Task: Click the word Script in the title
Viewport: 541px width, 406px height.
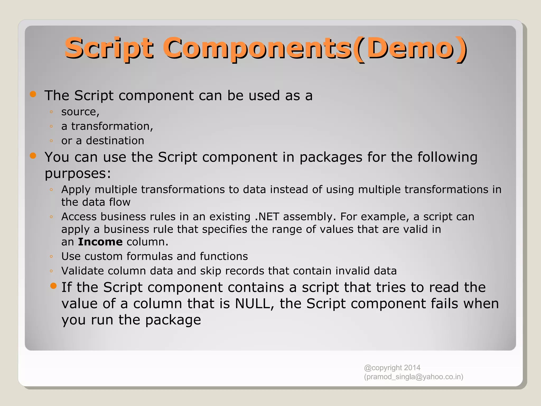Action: [x=109, y=48]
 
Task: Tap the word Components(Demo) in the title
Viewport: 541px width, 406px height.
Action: [x=314, y=48]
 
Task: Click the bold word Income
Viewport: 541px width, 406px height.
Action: [x=100, y=242]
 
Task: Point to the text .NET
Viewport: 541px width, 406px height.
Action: [x=267, y=217]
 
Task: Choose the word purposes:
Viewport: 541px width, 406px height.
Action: [x=78, y=174]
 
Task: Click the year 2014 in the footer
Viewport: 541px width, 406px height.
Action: [x=412, y=368]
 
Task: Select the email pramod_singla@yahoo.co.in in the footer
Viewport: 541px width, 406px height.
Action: [x=413, y=377]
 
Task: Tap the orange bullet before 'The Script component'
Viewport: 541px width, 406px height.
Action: [x=33, y=94]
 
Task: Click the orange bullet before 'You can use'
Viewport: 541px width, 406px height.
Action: [x=33, y=156]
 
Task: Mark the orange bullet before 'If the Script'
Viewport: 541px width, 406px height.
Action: [x=53, y=286]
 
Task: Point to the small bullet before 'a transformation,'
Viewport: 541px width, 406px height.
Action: [x=51, y=126]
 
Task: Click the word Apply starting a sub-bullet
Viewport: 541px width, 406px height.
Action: [x=76, y=190]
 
